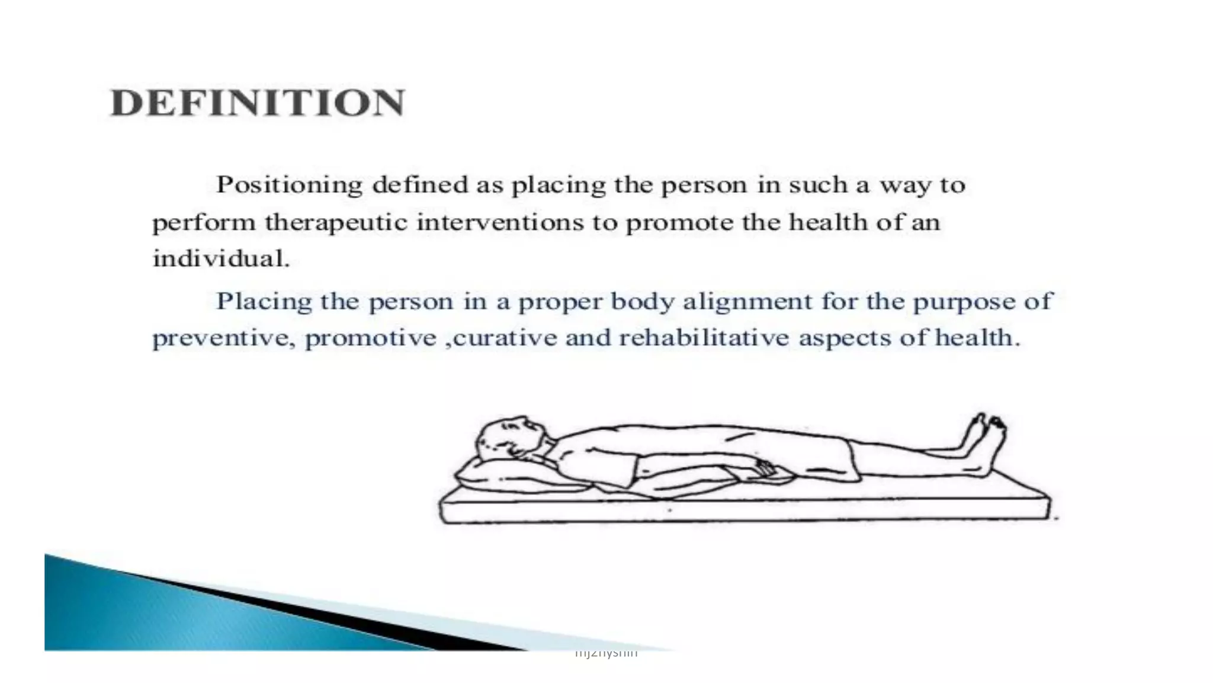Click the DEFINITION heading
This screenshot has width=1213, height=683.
(258, 103)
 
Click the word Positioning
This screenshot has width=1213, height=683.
(289, 186)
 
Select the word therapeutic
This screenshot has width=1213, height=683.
(336, 224)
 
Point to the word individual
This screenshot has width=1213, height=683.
(221, 258)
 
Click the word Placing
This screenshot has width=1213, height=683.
(264, 302)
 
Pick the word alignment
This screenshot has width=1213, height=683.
(747, 302)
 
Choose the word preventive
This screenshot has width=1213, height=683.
(223, 339)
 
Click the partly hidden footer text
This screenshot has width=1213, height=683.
(606, 653)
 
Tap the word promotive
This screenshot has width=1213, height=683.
(370, 339)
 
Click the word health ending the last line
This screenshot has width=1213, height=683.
(977, 338)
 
